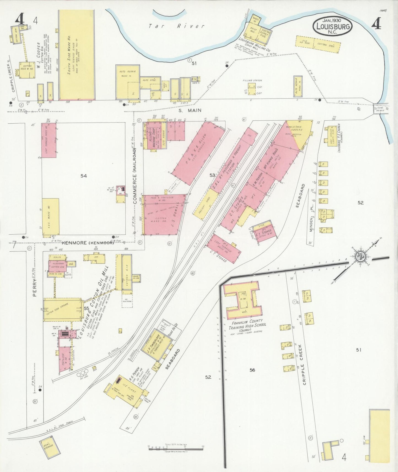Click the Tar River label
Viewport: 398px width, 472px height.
[176, 26]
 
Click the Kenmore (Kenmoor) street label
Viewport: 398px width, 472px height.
[87, 243]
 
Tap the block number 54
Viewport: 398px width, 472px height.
[83, 176]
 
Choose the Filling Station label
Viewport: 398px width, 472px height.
[252, 81]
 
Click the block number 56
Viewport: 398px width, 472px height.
[252, 370]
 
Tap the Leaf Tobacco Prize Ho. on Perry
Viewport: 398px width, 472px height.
[49, 140]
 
